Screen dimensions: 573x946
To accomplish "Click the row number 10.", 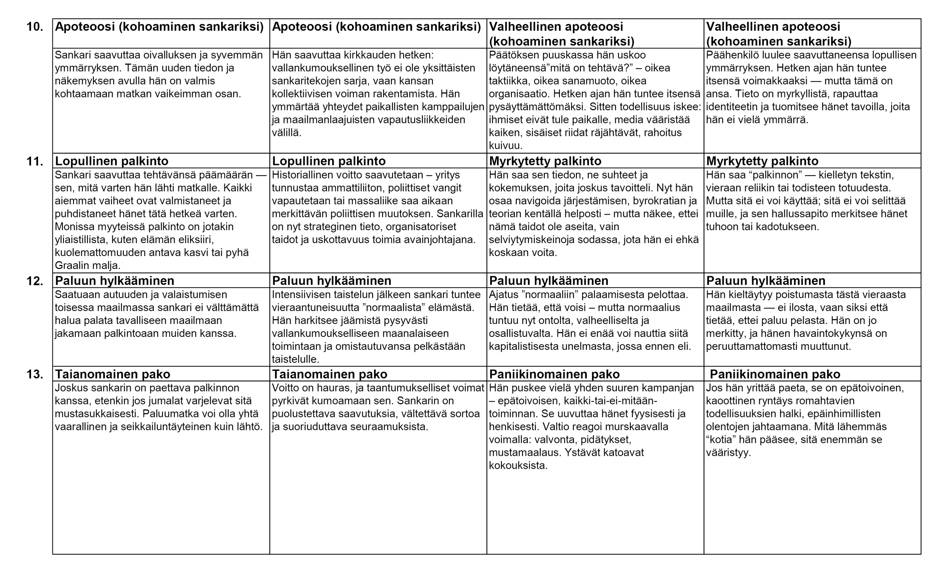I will tap(35, 27).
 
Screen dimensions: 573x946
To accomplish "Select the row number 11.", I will tap(35, 161).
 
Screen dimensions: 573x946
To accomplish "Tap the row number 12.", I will tap(35, 281).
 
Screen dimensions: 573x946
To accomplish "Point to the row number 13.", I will tap(35, 374).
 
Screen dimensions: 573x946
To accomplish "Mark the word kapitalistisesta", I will tap(531, 347).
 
